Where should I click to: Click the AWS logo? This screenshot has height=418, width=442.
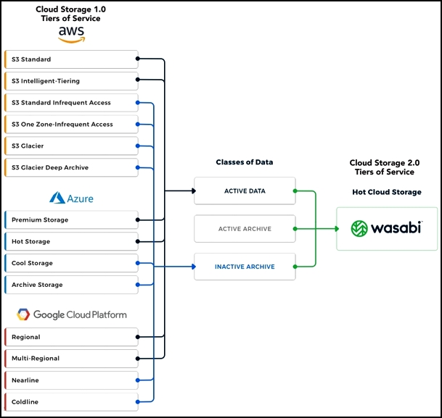pos(71,35)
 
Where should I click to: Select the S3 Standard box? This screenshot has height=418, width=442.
pos(72,59)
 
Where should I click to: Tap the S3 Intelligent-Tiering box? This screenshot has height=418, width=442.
pos(72,81)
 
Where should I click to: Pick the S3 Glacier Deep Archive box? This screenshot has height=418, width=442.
pos(72,167)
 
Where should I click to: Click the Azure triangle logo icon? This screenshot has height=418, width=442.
pos(57,198)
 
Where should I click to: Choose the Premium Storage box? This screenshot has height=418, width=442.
pos(72,220)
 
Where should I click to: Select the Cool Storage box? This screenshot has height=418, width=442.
pos(72,263)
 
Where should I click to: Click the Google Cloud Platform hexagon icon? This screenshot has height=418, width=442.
pos(23,314)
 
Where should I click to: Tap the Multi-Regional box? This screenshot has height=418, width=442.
pos(72,359)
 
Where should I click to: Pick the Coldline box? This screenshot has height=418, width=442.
pos(72,402)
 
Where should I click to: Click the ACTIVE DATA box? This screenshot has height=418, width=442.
pos(245,191)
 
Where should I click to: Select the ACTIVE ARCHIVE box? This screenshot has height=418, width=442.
pos(245,229)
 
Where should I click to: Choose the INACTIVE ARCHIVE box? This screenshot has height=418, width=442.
pos(245,267)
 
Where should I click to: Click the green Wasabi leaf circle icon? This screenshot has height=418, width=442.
pos(359,228)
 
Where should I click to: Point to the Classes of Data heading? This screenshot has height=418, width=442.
pos(245,162)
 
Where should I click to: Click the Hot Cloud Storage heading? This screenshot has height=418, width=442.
pos(387,192)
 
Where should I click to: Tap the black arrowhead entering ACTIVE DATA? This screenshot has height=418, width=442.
pos(194,191)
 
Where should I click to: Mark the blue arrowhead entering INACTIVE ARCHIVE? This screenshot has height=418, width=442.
pos(194,267)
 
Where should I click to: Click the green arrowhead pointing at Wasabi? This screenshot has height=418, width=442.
pos(337,229)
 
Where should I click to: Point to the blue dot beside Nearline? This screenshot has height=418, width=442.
pos(138,380)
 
